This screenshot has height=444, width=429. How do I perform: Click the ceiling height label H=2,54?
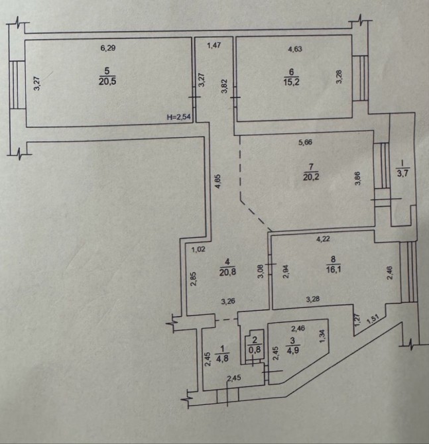(179, 117)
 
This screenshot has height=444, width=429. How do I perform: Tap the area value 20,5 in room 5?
(107, 82)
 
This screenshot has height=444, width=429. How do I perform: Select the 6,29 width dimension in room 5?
(108, 48)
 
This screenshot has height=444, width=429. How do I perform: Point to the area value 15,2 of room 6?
(291, 82)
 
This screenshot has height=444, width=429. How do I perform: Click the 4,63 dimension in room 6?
(295, 49)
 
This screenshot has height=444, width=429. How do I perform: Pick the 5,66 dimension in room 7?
(305, 142)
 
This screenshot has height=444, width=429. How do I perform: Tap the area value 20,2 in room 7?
(311, 177)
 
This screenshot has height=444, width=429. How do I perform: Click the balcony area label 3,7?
(402, 173)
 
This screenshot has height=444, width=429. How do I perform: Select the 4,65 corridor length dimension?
(218, 182)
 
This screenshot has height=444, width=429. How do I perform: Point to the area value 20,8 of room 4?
(227, 272)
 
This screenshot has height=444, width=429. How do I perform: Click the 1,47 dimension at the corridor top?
(214, 45)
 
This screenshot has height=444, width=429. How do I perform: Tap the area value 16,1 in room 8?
(334, 269)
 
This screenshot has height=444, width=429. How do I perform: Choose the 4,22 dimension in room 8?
(323, 239)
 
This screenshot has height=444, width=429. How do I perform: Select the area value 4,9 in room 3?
(292, 351)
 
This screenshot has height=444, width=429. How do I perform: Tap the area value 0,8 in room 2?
(255, 350)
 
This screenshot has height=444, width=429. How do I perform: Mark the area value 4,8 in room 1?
(222, 359)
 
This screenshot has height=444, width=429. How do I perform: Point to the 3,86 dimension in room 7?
(358, 178)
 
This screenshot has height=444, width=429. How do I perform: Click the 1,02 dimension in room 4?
(198, 249)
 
